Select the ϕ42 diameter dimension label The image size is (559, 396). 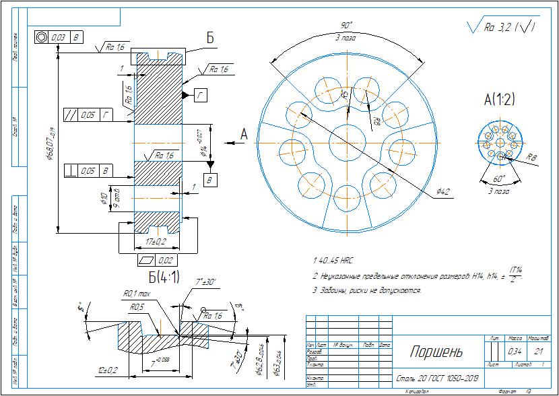coord(442,192)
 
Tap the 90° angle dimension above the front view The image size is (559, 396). coord(348,26)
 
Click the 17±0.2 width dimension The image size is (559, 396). coord(157,240)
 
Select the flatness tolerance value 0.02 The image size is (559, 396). coord(166,260)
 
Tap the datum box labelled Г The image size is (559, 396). coord(201,95)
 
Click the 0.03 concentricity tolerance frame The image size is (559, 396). coord(59,38)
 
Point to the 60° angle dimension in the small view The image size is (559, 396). coord(499,180)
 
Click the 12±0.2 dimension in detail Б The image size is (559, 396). coord(108,370)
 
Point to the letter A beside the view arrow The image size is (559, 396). coord(244,136)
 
